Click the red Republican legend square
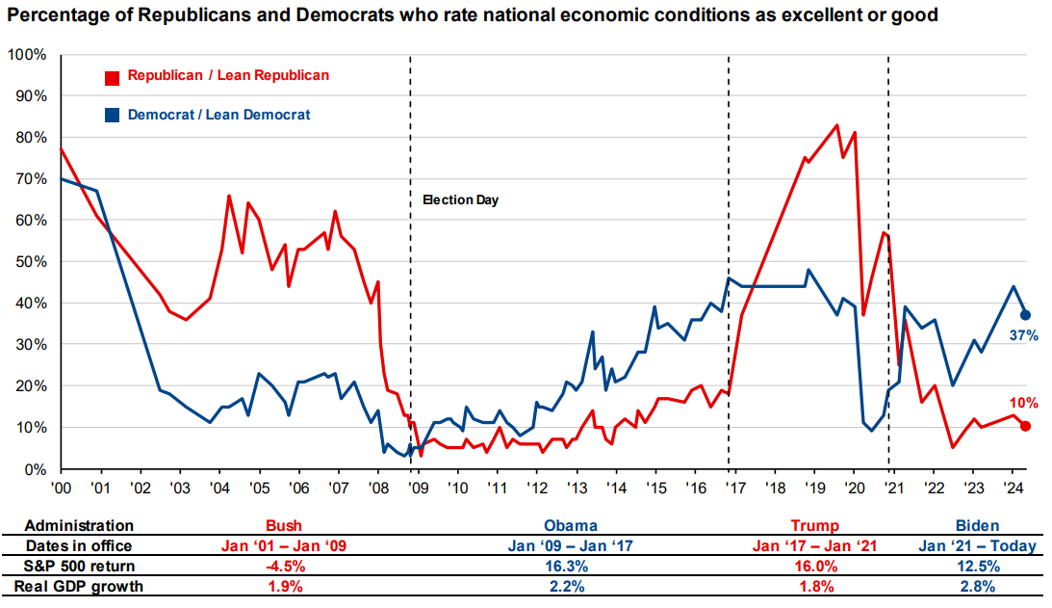click(112, 76)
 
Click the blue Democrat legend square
click(112, 116)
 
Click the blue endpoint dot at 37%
click(1026, 315)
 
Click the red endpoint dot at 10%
click(1026, 427)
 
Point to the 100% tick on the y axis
click(26, 55)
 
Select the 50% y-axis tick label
click(29, 262)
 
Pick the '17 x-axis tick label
click(734, 488)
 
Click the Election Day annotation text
click(461, 200)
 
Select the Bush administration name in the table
click(284, 526)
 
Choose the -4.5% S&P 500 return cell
click(284, 566)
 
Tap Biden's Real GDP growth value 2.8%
click(978, 586)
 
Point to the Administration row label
click(79, 526)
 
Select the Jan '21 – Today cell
click(978, 546)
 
